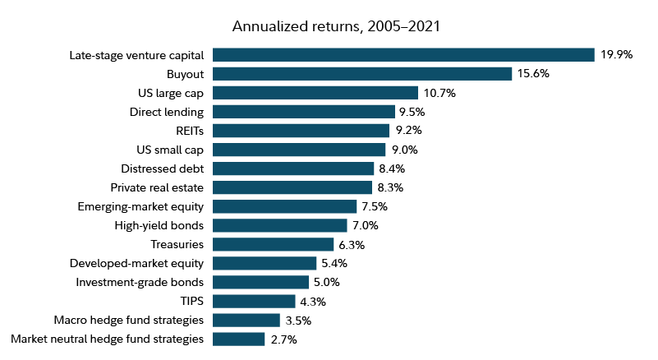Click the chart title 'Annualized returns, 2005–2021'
tap(336, 26)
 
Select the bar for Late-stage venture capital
tap(403, 55)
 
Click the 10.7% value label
tap(439, 93)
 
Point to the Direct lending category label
tap(167, 112)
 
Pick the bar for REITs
tap(301, 131)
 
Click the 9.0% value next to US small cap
tap(403, 150)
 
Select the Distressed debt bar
tap(293, 168)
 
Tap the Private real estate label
tap(157, 187)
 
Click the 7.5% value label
tap(375, 206)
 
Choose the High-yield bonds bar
tap(280, 225)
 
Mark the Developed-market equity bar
tap(265, 263)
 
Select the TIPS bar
tap(254, 301)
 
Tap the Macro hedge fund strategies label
tap(128, 320)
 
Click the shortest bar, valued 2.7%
tap(238, 339)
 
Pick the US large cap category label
tap(170, 93)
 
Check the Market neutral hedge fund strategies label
tap(107, 339)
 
